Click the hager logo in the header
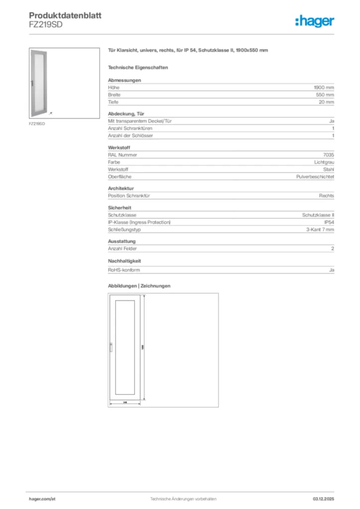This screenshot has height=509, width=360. click(x=314, y=21)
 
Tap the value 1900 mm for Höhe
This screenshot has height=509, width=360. click(x=324, y=87)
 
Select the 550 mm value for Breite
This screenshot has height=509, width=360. click(x=325, y=94)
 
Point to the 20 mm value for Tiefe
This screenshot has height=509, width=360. click(x=326, y=102)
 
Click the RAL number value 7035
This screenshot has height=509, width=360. click(x=329, y=155)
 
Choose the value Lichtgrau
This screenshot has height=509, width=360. click(x=324, y=162)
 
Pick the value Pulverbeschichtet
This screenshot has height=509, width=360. click(x=315, y=176)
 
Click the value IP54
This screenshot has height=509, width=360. click(x=329, y=222)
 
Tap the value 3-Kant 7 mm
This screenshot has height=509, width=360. click(x=320, y=230)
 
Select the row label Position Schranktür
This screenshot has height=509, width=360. click(x=129, y=196)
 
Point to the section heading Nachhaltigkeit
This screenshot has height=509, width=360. click(x=123, y=260)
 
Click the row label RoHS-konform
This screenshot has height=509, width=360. click(x=124, y=270)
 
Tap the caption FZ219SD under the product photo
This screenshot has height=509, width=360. click(x=37, y=123)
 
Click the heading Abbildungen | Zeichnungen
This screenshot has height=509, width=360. click(x=139, y=286)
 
